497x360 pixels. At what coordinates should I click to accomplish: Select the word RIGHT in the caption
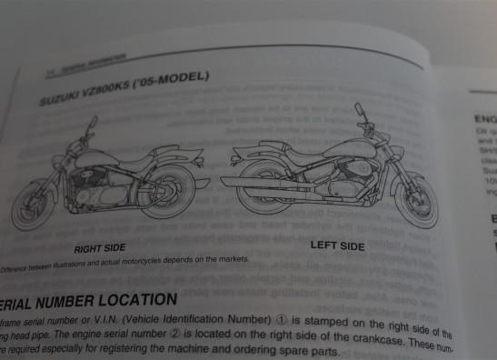pos(87,247)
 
